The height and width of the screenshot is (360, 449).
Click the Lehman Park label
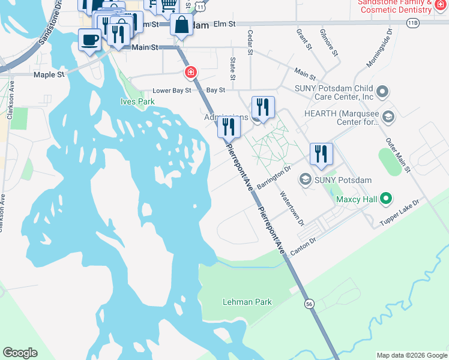[247, 302]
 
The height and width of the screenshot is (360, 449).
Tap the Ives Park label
[137, 101]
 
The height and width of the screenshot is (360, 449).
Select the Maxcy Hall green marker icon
[387, 198]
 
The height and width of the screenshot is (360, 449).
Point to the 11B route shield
[412, 23]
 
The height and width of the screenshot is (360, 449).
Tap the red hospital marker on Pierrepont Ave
[191, 72]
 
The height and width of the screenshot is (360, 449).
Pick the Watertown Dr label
[292, 208]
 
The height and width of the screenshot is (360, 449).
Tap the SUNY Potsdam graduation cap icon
[305, 179]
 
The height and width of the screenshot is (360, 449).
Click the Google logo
[20, 353]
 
